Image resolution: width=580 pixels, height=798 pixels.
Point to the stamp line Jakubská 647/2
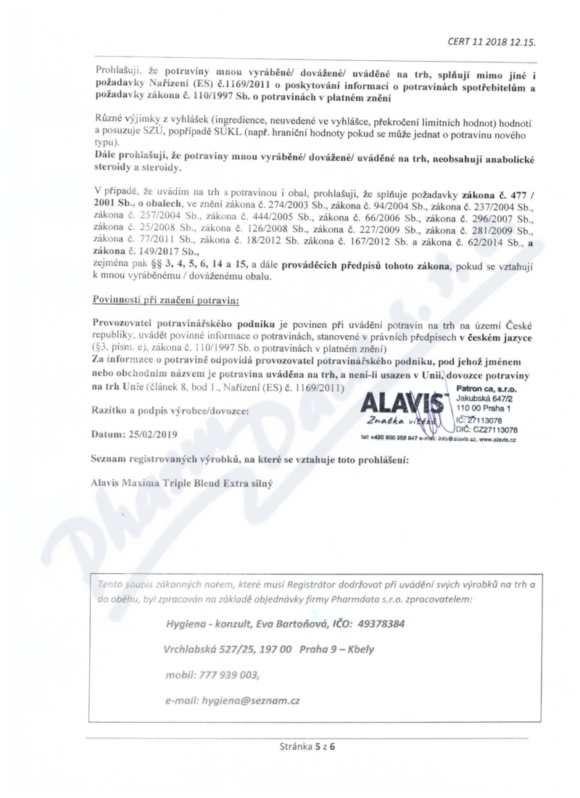click(484, 399)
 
